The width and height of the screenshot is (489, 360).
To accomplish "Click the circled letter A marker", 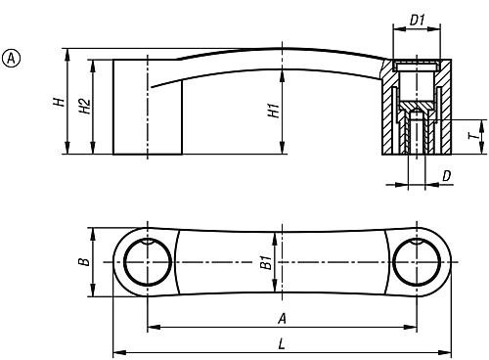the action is click(11, 59).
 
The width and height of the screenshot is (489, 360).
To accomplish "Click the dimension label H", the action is click(60, 102).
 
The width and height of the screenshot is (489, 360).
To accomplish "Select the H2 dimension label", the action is click(85, 106).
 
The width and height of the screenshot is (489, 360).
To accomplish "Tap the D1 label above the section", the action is click(418, 21).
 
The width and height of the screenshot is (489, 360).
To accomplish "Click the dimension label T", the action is click(474, 136).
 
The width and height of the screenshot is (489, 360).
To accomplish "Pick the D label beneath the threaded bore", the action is click(447, 176).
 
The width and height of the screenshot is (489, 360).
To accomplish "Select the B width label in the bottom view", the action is click(84, 261).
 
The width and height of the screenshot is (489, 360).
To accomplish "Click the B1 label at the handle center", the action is click(266, 262).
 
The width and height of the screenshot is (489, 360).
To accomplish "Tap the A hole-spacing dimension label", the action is click(282, 319).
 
